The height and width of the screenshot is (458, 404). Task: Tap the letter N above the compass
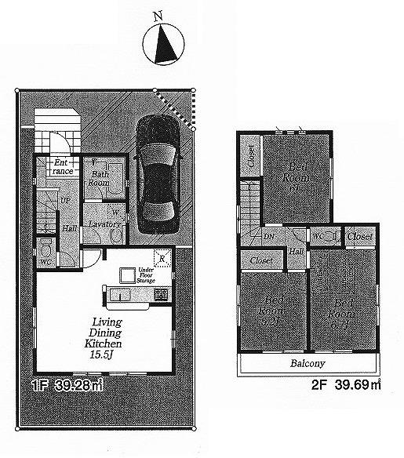[x=158, y=16]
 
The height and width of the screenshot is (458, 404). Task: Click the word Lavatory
[x=104, y=224]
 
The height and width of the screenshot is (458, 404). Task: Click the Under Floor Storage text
[x=146, y=274]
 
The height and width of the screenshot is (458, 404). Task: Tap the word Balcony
[x=308, y=365]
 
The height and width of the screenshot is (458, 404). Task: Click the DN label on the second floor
[x=268, y=235]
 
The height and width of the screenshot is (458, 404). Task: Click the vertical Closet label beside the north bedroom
[x=250, y=158]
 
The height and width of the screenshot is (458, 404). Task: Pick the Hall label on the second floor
[x=297, y=251]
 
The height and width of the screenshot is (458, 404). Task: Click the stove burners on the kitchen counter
[x=161, y=295]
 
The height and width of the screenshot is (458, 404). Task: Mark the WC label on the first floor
[x=45, y=261]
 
